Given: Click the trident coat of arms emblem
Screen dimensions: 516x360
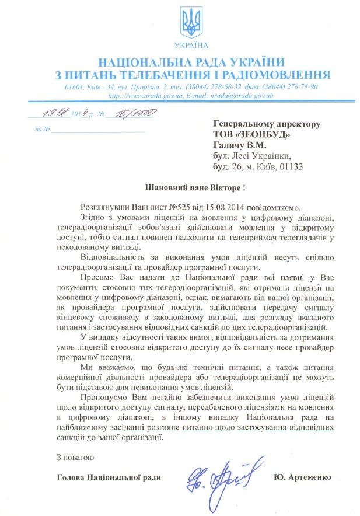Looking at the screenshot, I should click(x=191, y=23).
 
